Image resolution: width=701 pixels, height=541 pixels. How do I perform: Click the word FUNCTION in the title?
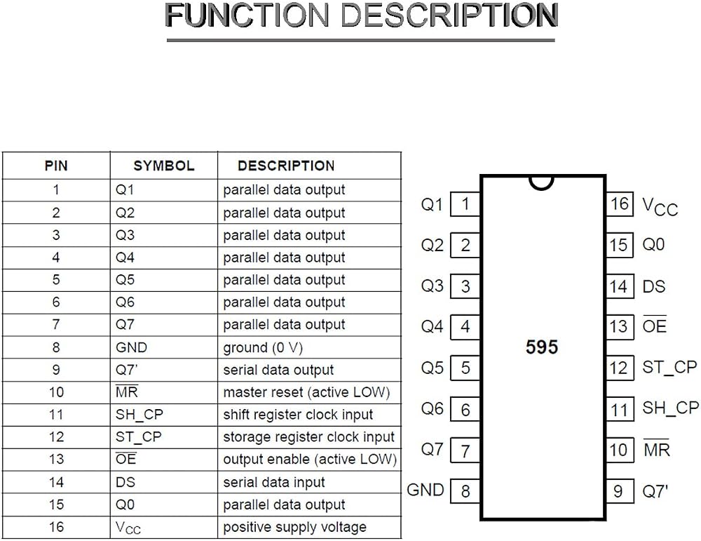click(247, 15)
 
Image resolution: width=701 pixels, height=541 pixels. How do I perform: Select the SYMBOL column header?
click(163, 166)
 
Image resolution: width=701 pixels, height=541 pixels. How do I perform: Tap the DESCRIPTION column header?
click(286, 166)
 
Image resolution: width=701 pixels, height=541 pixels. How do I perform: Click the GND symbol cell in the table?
click(131, 348)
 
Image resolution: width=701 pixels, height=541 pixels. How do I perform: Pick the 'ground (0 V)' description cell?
click(263, 348)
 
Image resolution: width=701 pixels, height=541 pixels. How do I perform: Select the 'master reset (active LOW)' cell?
click(307, 392)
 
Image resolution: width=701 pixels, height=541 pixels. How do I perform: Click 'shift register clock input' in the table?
click(298, 415)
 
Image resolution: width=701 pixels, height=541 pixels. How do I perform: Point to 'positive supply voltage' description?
click(294, 527)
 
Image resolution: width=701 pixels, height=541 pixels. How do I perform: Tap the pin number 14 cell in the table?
click(56, 482)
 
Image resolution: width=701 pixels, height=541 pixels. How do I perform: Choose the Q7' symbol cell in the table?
click(126, 370)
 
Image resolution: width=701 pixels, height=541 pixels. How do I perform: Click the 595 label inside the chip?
click(542, 347)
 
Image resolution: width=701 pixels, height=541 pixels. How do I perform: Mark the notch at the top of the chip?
click(541, 183)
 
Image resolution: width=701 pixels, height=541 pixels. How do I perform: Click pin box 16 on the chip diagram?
click(620, 204)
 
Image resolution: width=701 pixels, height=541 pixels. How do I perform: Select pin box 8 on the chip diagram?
click(465, 491)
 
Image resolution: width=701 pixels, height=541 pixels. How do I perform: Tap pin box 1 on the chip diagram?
click(465, 204)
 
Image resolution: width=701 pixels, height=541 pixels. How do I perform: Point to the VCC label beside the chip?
click(660, 207)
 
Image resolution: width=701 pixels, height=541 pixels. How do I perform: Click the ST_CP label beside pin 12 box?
click(669, 368)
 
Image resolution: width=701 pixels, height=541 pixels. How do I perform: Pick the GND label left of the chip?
click(426, 490)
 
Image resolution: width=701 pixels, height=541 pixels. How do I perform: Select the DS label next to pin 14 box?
click(653, 286)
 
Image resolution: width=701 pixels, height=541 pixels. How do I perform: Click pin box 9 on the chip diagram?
click(620, 491)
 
